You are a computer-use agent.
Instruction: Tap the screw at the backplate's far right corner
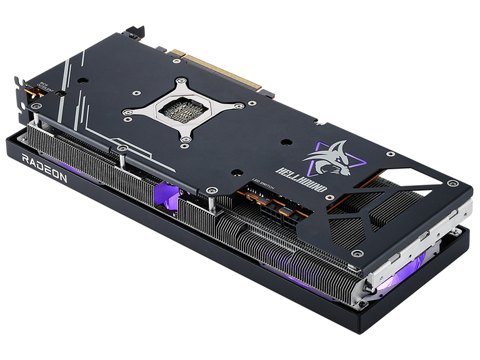(453, 183)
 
